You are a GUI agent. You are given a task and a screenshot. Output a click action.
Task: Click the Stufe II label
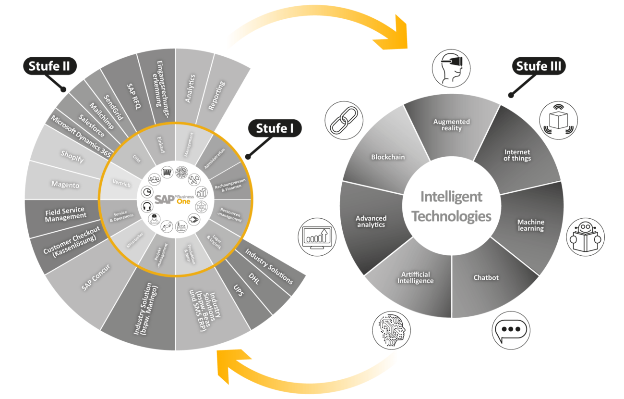click(x=49, y=66)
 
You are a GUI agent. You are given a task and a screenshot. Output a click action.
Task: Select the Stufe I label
click(x=275, y=128)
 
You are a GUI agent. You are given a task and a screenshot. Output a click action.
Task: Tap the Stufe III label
click(x=539, y=66)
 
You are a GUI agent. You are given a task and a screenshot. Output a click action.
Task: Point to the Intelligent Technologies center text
click(x=451, y=206)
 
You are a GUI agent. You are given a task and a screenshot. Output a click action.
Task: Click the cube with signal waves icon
click(x=558, y=120)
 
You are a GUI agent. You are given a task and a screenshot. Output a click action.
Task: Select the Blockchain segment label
click(x=388, y=157)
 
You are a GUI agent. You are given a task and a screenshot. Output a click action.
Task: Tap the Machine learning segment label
click(x=530, y=225)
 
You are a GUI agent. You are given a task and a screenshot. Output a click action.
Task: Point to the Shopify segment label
click(x=72, y=156)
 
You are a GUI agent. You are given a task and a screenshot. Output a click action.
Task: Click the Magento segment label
click(x=65, y=185)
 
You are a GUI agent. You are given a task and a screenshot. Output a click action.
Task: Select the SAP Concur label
click(x=96, y=277)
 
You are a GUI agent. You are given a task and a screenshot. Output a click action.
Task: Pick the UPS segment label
click(x=238, y=291)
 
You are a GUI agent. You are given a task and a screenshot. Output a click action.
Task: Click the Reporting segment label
click(x=217, y=96)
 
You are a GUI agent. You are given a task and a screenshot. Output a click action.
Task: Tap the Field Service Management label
click(x=65, y=214)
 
